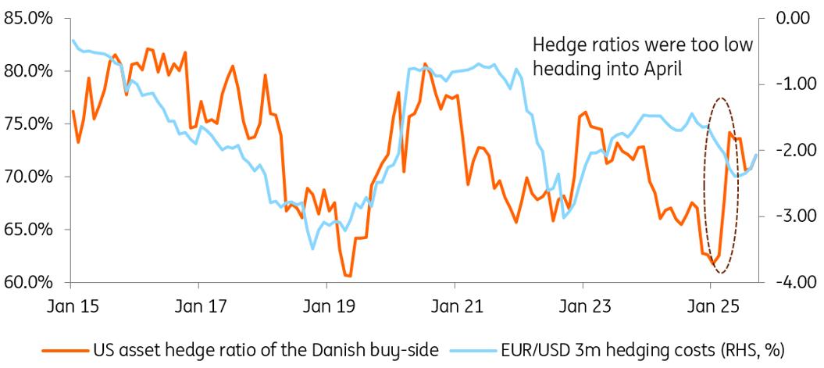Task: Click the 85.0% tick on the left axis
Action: coord(28,18)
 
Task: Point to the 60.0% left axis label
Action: coord(28,282)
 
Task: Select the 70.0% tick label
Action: coord(28,177)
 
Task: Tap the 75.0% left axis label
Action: coord(28,123)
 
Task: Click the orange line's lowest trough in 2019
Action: coord(348,276)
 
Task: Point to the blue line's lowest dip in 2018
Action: coord(312,249)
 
